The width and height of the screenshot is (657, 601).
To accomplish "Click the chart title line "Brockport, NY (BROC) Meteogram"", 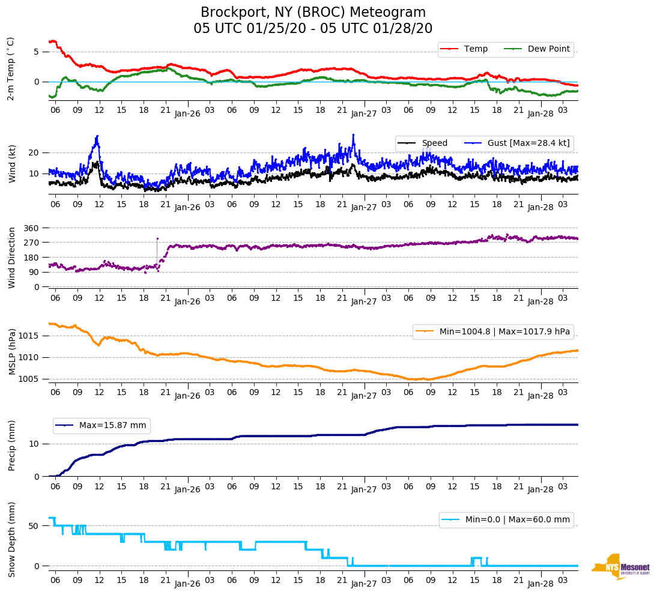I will click(313, 13).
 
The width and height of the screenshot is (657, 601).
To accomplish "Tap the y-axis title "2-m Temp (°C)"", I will click(10, 68).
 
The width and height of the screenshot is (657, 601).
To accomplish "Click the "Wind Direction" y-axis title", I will click(12, 257).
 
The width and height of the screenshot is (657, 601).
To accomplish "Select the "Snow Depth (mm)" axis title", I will click(12, 539).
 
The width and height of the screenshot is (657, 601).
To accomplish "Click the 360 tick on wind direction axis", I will click(32, 228).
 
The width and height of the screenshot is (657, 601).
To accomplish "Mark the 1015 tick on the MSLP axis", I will click(30, 336).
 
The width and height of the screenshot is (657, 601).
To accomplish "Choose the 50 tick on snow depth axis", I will click(35, 526).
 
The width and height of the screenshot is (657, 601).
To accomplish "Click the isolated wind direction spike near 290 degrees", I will click(157, 238).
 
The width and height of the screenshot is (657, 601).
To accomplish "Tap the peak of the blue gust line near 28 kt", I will click(353, 135).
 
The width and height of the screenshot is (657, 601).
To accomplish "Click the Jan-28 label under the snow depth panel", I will click(540, 584).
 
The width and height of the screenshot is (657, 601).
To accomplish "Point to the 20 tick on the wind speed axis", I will click(35, 153).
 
